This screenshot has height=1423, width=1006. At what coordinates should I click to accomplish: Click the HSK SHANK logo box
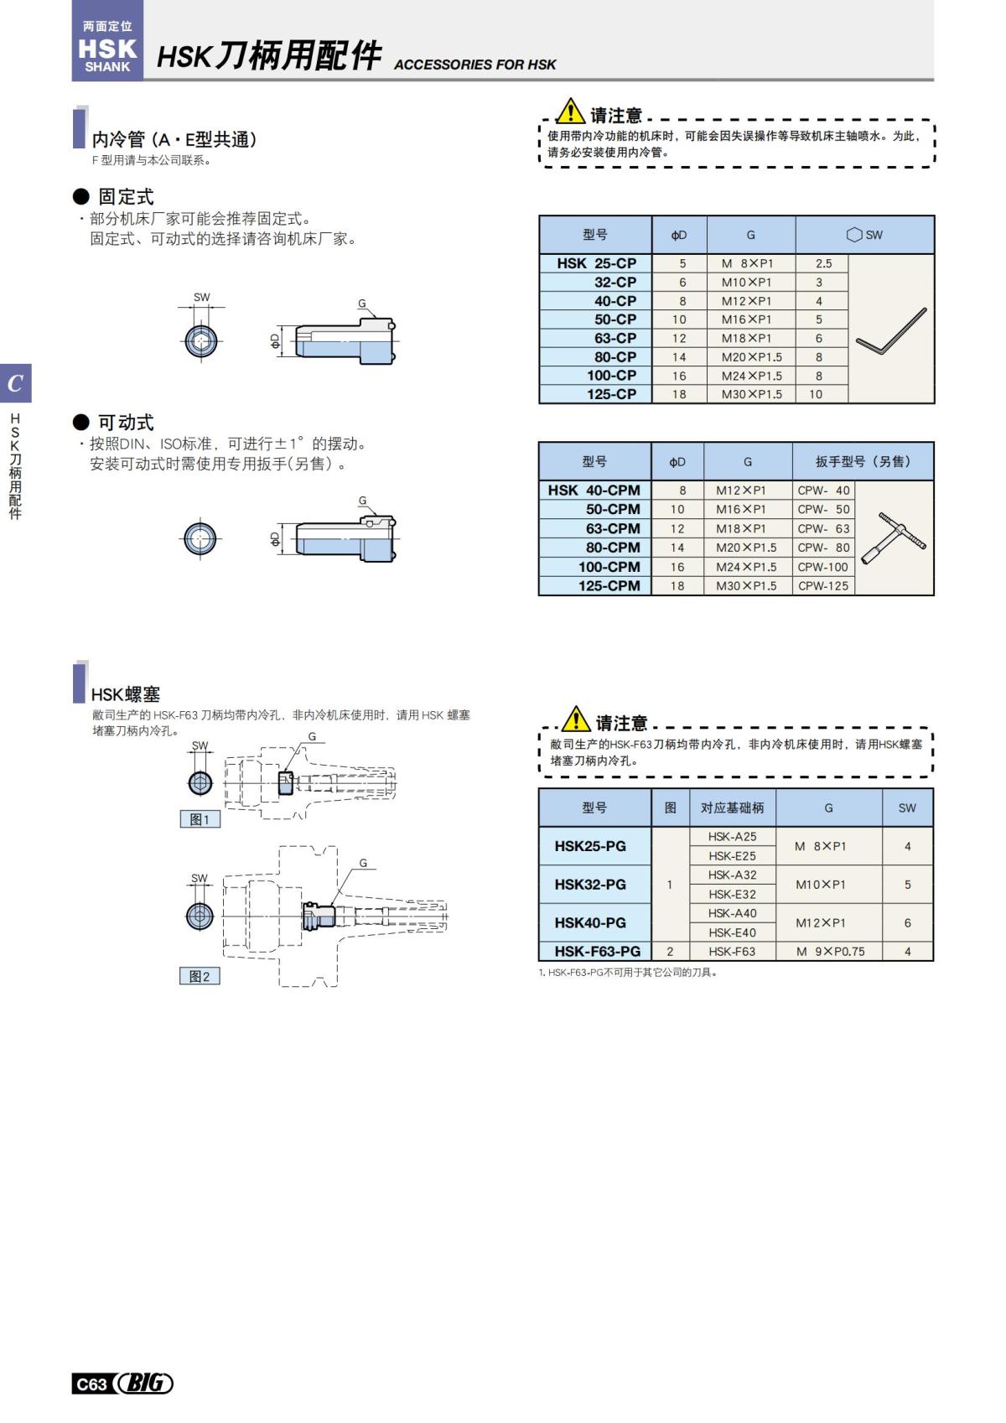point(107,42)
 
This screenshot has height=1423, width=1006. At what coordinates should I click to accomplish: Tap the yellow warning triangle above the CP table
point(570,111)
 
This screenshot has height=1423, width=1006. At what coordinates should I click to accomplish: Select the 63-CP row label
point(615,338)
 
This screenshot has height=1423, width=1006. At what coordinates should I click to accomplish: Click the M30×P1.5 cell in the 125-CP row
point(751,394)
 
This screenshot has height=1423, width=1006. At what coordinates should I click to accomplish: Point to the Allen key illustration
point(891,331)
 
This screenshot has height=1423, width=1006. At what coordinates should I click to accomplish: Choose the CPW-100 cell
point(822,567)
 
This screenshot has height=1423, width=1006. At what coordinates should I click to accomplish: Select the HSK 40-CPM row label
point(594,491)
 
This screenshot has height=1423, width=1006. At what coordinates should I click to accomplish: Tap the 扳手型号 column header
point(862,461)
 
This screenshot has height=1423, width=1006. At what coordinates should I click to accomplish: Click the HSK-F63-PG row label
point(597,952)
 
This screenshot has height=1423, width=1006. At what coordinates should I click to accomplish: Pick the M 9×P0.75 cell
point(829,952)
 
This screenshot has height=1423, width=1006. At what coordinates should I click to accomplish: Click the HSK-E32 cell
point(732,894)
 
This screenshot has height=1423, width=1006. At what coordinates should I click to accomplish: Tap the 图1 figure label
point(200,820)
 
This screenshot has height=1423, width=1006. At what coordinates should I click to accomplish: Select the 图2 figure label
point(200,977)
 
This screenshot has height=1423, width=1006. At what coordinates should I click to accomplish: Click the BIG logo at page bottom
point(144,1384)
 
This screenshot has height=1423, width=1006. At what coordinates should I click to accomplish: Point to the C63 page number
point(91,1384)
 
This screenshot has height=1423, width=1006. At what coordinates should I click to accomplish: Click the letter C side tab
point(15,384)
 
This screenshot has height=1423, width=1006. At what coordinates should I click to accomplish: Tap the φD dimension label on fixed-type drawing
point(275,341)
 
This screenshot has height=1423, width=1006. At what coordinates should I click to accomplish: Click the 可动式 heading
point(126,423)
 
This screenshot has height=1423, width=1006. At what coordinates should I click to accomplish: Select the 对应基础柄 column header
point(732,808)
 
